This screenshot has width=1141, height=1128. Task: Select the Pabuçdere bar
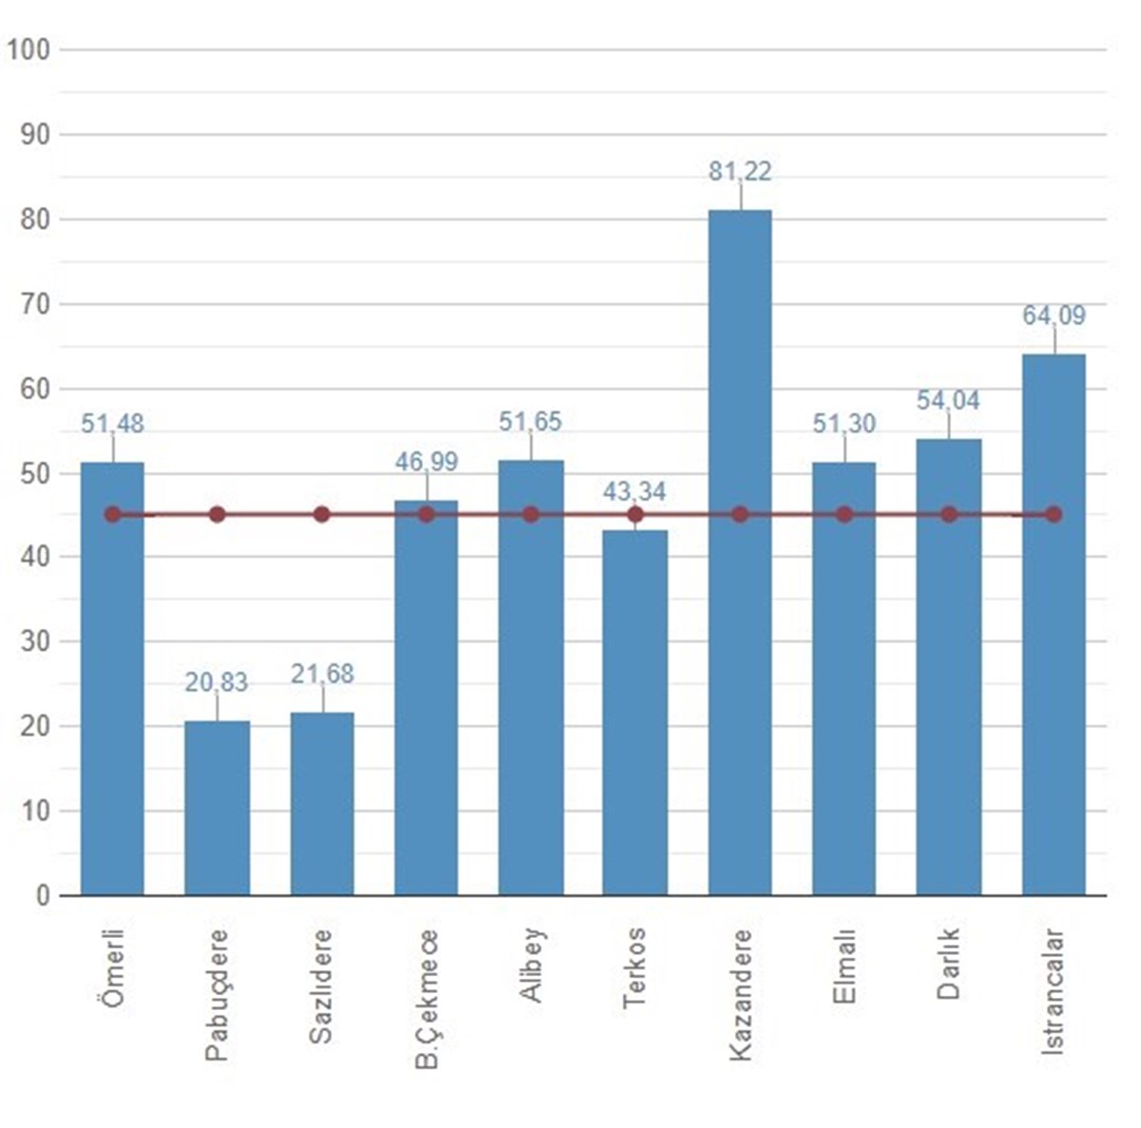coord(217,808)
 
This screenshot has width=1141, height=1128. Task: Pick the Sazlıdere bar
coord(321,804)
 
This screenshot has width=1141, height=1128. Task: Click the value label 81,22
coord(740,172)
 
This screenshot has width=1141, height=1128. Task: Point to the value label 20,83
coord(217,682)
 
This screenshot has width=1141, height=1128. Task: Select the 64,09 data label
coord(1054,315)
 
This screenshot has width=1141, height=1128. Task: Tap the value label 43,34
coord(634,492)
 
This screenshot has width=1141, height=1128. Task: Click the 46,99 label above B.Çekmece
coord(426,462)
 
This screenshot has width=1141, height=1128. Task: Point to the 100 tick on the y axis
coord(29,49)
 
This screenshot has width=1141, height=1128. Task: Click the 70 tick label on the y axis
coord(35,304)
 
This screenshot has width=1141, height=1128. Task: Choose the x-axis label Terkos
coord(634,967)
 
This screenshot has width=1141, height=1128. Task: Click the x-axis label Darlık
coord(948,964)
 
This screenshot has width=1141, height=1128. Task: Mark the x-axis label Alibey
coord(531,965)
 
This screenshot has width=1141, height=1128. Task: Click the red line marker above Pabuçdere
coord(217,514)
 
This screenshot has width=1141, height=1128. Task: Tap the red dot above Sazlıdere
coord(321,514)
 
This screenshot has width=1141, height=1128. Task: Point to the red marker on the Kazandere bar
coord(740,514)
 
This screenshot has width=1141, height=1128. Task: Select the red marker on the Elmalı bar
coord(844,514)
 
